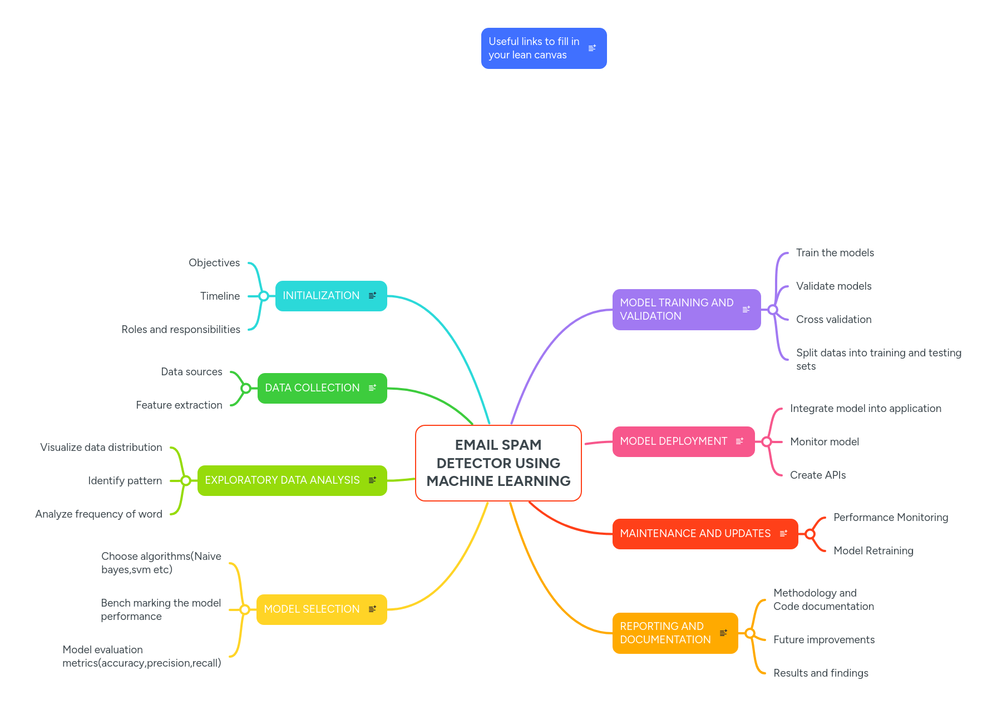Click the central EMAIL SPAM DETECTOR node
(x=498, y=463)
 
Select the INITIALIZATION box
(x=321, y=296)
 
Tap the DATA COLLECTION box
(x=312, y=388)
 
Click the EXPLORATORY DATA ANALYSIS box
(x=282, y=480)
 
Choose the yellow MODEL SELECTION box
(x=312, y=609)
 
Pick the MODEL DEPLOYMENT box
(x=673, y=441)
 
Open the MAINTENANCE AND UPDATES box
(x=695, y=534)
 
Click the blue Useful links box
(x=534, y=48)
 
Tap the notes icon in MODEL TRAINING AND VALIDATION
(x=746, y=310)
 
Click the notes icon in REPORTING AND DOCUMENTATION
(x=723, y=633)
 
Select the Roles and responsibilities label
(x=181, y=330)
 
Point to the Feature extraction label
(x=179, y=405)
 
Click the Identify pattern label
(x=125, y=481)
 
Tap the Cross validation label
(x=833, y=320)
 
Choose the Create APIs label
(x=818, y=475)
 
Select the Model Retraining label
(x=873, y=551)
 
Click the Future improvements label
(x=824, y=640)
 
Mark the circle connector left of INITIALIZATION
(x=264, y=296)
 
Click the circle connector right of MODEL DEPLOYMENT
(x=767, y=442)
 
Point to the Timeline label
(x=220, y=296)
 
